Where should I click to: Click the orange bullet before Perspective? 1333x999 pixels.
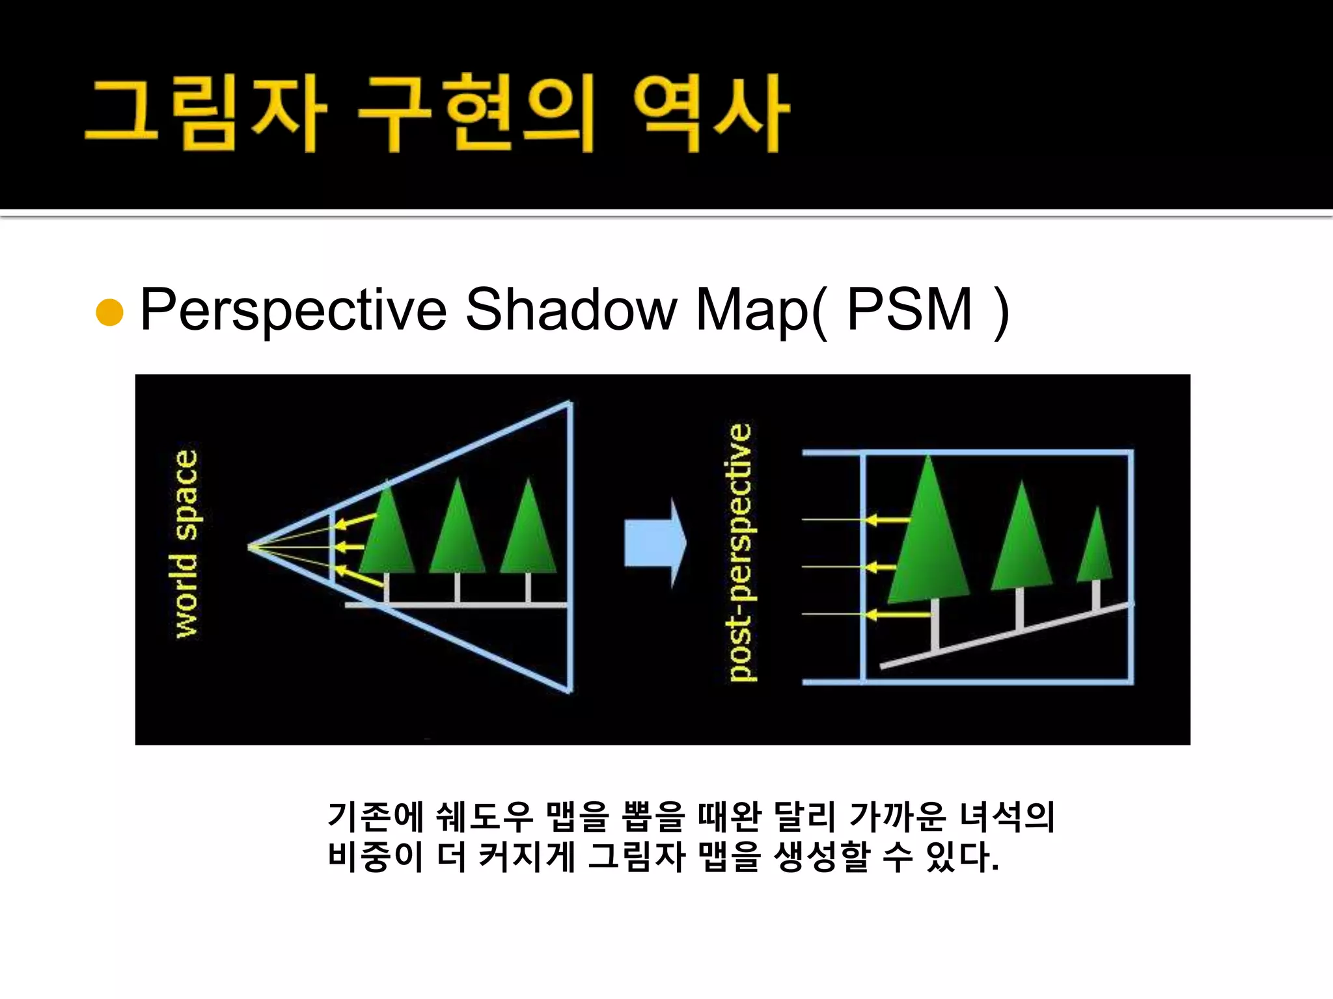click(109, 312)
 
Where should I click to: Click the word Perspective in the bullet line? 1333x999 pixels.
click(293, 311)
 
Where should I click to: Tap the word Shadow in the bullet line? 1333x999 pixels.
click(571, 310)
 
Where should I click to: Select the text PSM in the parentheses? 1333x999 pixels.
click(909, 310)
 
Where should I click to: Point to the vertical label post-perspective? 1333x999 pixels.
click(740, 552)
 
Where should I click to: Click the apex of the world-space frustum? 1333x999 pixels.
click(251, 547)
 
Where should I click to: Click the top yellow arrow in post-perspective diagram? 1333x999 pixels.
click(888, 520)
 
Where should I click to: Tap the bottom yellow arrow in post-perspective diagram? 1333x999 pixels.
click(898, 614)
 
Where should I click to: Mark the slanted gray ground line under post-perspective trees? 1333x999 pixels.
click(1006, 635)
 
